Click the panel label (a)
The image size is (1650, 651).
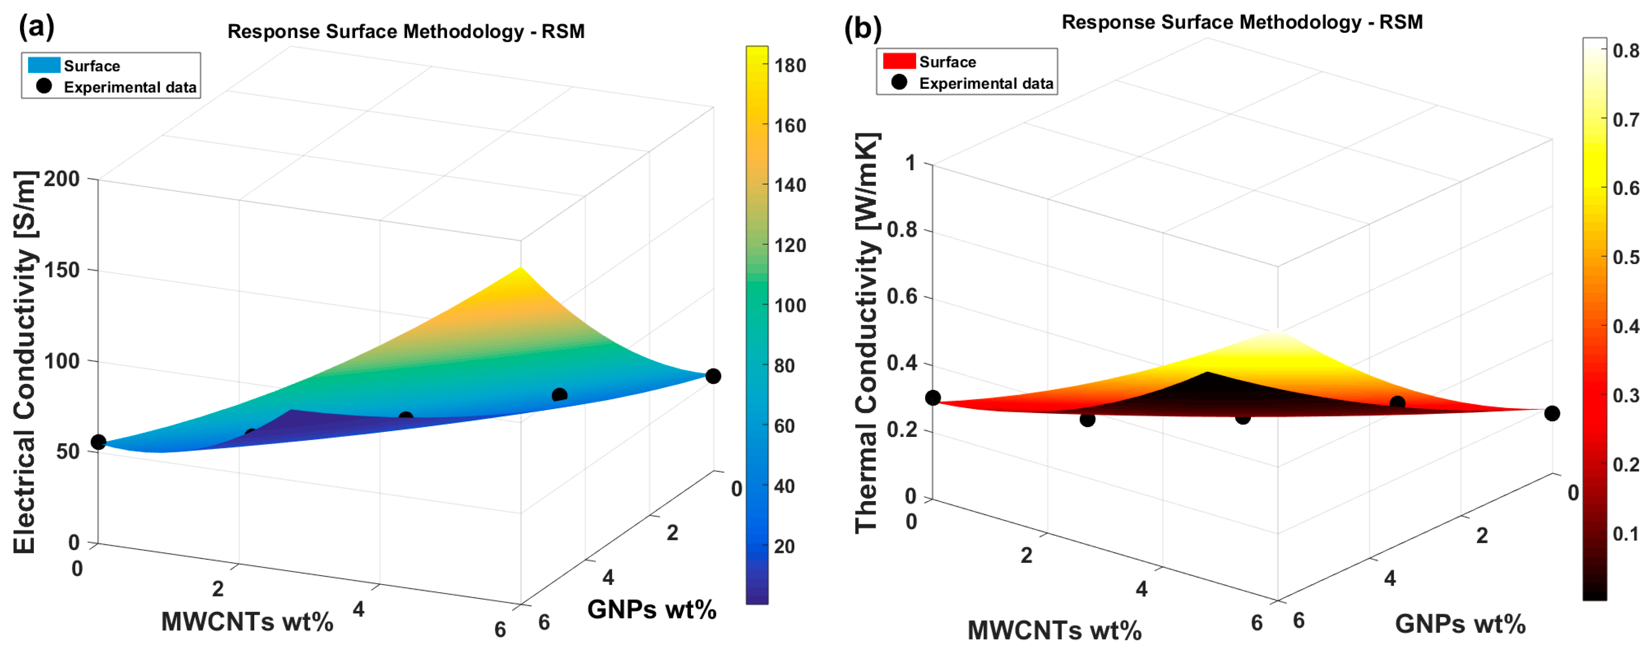(x=36, y=27)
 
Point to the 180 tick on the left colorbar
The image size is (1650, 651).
(x=790, y=65)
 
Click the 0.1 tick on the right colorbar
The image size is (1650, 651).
(x=1626, y=533)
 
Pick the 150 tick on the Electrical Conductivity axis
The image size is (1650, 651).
(x=62, y=270)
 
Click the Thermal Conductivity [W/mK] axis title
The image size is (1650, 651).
(x=867, y=333)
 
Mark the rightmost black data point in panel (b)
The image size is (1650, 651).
(x=1551, y=413)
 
